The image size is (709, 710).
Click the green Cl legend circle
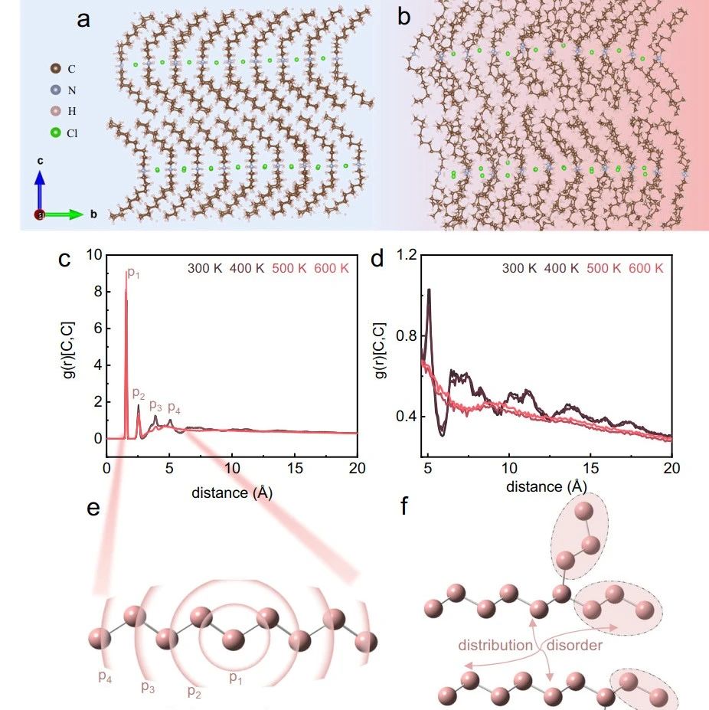tap(55, 133)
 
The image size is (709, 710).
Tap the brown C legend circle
tap(55, 69)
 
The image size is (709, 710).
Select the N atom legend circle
tap(55, 90)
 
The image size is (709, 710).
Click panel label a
tap(83, 20)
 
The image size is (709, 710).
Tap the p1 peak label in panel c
tap(133, 273)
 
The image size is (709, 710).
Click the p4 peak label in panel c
tap(174, 407)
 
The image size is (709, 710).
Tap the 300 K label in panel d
tap(520, 269)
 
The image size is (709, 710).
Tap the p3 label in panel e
tap(148, 686)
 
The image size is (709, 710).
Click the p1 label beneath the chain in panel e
tap(239, 677)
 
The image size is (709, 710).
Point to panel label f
tap(404, 508)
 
